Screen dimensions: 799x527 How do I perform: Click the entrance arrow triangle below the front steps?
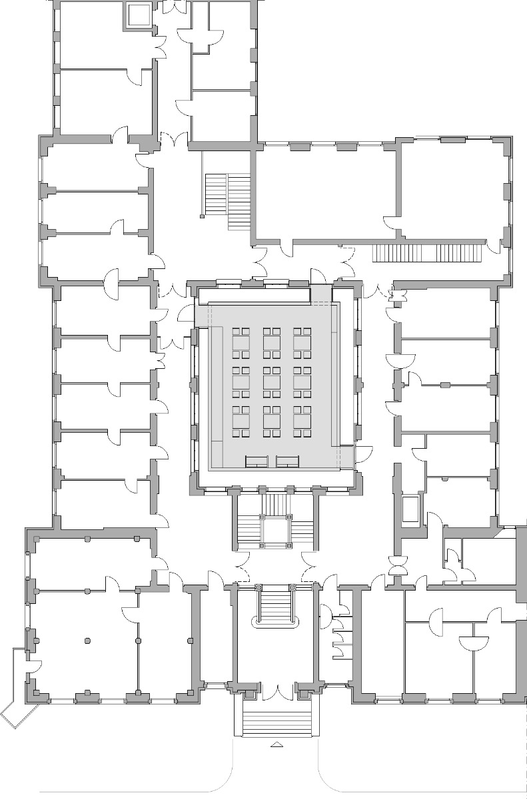[x=276, y=745]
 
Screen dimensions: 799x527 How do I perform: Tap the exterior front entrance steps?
[x=276, y=723]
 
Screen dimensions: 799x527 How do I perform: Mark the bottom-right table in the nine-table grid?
[x=302, y=421]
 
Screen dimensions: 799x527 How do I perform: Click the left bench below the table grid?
[x=257, y=461]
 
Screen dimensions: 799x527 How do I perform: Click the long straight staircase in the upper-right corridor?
[x=426, y=254]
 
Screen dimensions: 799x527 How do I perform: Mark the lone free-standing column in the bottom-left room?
[x=87, y=641]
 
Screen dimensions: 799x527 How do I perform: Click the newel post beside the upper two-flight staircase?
[x=201, y=216]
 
